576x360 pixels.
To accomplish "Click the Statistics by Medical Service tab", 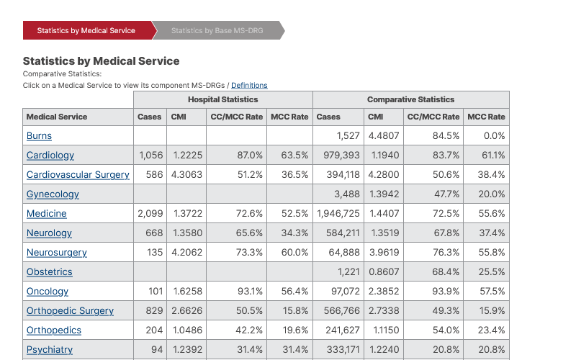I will (x=86, y=31).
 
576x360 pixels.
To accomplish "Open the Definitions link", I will (x=249, y=86).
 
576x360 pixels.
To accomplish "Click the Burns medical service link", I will (x=39, y=136).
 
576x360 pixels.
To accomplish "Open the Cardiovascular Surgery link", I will (x=78, y=175).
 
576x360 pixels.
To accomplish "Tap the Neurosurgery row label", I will (x=56, y=253).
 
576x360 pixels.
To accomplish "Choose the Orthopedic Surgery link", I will (x=70, y=311).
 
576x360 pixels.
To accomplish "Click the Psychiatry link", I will (x=50, y=350).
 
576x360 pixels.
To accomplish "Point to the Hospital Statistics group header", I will (x=222, y=99).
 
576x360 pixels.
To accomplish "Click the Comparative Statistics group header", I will (x=410, y=99).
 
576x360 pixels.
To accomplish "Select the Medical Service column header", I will (x=57, y=117).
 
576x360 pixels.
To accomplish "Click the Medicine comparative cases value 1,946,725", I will (x=338, y=214).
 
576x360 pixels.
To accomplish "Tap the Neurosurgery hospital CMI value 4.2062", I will (x=186, y=253).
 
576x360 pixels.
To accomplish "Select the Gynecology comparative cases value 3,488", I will (x=348, y=194).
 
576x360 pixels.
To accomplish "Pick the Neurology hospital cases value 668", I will (x=154, y=233).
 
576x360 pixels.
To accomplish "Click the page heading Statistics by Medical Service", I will (x=102, y=61).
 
